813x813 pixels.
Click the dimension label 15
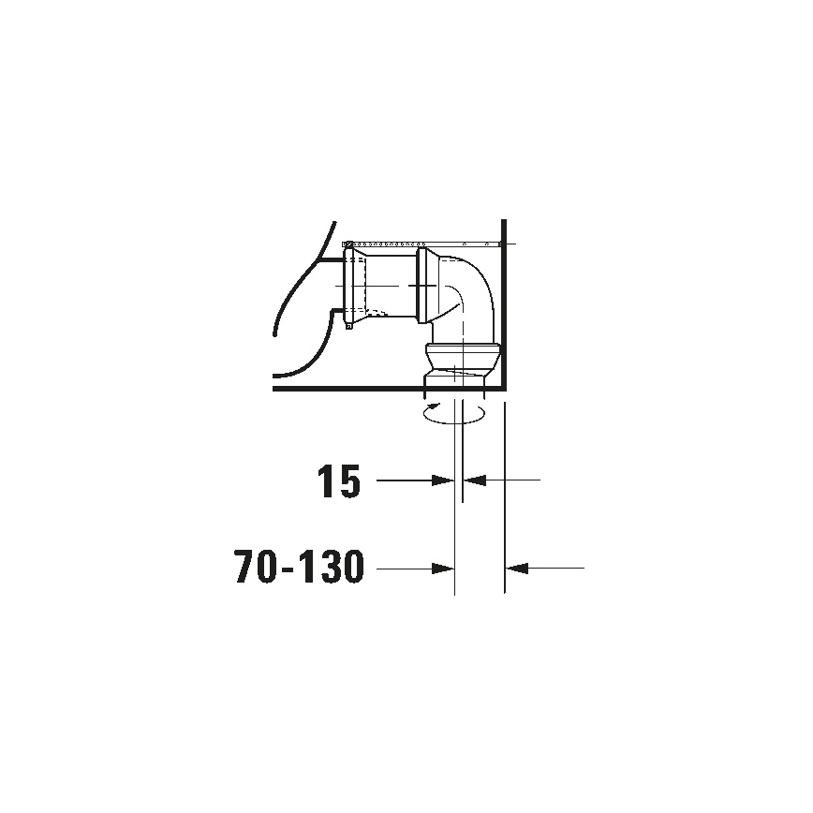338,481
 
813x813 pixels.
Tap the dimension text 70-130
299,569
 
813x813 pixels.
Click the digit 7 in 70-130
245,569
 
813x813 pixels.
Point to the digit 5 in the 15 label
347,481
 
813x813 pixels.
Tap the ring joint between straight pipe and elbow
426,285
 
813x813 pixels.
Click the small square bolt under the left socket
348,326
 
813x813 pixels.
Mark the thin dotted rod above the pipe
421,244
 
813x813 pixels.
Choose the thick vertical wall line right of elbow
505,309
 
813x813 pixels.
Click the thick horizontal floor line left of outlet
347,386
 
